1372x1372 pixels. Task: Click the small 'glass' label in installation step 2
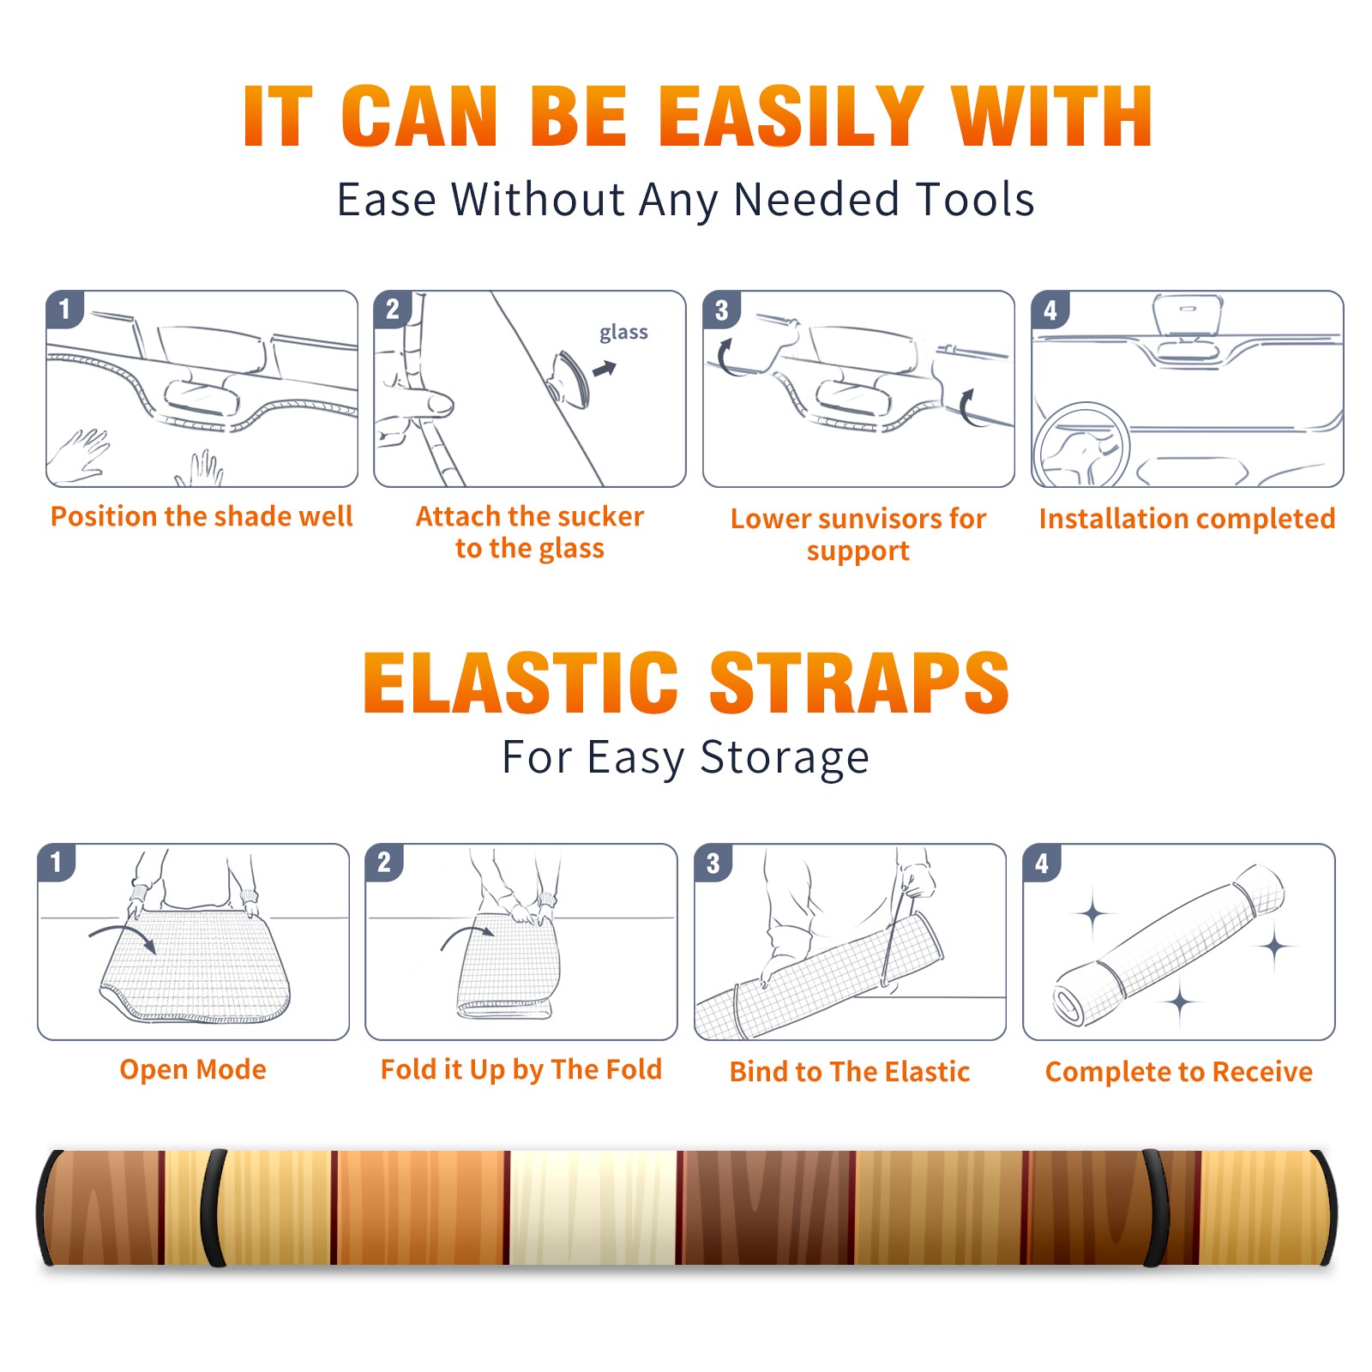coord(623,333)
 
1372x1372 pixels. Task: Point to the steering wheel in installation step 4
coord(1081,444)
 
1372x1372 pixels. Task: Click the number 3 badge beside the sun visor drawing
coord(722,310)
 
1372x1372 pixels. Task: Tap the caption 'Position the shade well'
coord(202,516)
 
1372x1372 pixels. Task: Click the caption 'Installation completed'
coord(1187,518)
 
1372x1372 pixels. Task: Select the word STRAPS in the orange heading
coord(859,683)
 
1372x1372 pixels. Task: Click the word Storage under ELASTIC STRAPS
coord(785,758)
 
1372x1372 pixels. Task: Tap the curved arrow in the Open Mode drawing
coord(123,936)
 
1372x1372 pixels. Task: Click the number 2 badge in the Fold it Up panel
coord(384,863)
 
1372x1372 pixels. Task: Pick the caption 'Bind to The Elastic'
coord(849,1071)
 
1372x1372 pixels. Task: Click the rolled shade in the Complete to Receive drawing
coord(1169,945)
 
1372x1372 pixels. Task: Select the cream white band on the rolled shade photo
coord(593,1207)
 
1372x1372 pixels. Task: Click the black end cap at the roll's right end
coord(1325,1207)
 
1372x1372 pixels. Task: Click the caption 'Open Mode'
coord(193,1069)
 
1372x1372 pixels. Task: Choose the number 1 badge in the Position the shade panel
coord(65,310)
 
